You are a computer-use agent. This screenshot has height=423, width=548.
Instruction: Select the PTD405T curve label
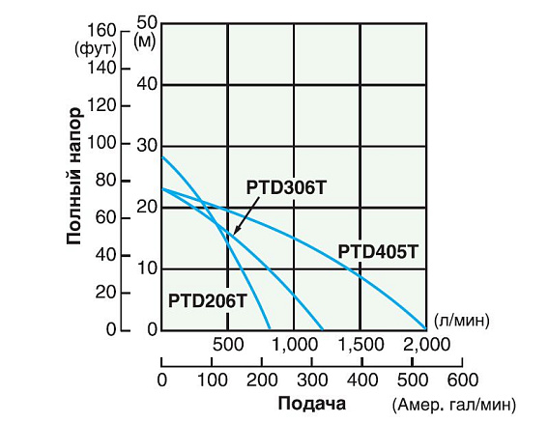click(x=378, y=253)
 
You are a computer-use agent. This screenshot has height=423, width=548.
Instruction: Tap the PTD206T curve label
click(x=207, y=300)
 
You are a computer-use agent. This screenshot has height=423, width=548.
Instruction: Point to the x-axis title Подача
click(x=310, y=403)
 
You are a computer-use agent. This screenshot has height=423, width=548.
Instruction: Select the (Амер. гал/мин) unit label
click(x=454, y=404)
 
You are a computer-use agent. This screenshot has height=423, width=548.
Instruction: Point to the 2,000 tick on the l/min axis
click(x=425, y=343)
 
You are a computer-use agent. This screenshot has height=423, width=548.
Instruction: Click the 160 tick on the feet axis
click(x=100, y=30)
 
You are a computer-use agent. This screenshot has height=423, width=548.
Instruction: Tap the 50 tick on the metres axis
click(x=147, y=21)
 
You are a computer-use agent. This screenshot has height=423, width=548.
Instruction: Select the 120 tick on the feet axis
click(x=100, y=105)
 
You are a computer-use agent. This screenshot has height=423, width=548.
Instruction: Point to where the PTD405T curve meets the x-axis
click(x=425, y=329)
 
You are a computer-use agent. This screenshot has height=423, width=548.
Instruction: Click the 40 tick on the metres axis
click(x=147, y=84)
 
